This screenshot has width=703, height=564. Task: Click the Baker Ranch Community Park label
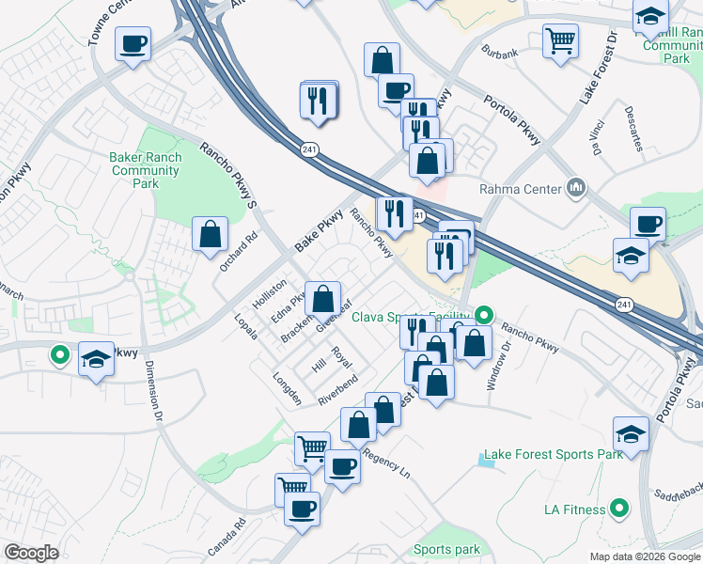[x=145, y=170]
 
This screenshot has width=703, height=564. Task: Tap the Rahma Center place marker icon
[x=575, y=189]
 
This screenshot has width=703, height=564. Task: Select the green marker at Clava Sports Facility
[x=484, y=315]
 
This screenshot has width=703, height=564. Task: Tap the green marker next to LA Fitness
[x=618, y=510]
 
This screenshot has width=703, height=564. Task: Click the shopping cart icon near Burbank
[x=560, y=40]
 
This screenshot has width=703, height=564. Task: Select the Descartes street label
[x=633, y=129]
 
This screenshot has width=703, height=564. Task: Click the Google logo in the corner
[x=31, y=553]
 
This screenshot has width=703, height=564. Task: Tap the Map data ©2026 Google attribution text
[x=645, y=556]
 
